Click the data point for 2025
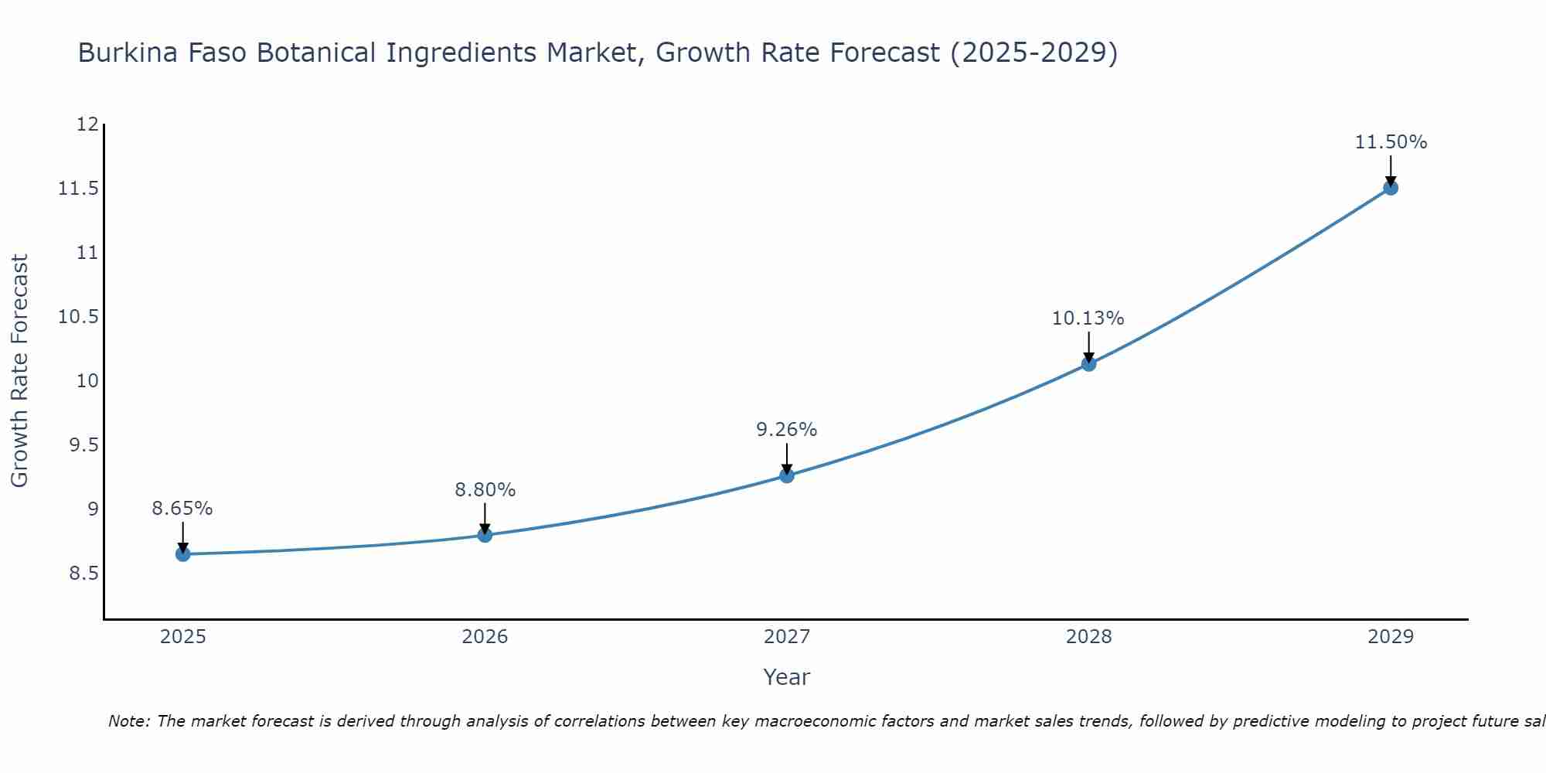point(183,554)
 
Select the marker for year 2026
point(485,535)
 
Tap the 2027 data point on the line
point(787,475)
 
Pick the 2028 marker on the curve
point(1088,364)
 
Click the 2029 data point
point(1391,188)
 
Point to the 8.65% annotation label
point(182,509)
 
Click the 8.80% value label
point(485,490)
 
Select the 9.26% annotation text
point(786,430)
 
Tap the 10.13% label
point(1088,318)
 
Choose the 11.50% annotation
point(1391,142)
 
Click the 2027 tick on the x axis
point(787,637)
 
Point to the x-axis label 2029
point(1391,637)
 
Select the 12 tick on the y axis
point(88,124)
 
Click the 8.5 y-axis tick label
point(83,574)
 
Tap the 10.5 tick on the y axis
point(79,317)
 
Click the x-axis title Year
point(786,677)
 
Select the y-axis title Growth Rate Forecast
point(20,371)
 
